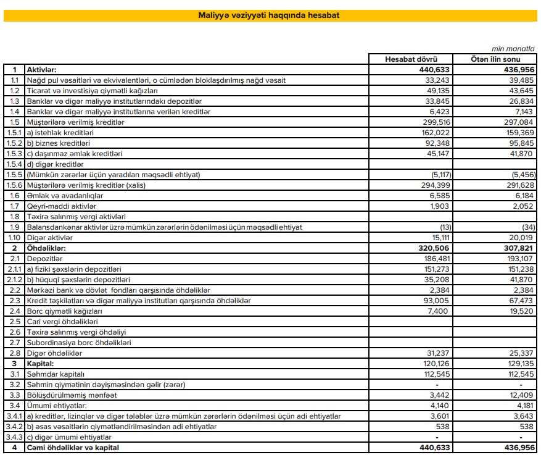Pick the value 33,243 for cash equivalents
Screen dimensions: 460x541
tap(437, 80)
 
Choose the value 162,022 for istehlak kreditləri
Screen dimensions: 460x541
tap(435, 133)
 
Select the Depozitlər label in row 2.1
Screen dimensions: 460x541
tap(44, 258)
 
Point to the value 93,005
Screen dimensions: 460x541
tap(437, 300)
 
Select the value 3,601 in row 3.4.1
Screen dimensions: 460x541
tap(440, 416)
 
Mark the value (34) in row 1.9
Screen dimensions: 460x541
tap(526, 227)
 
